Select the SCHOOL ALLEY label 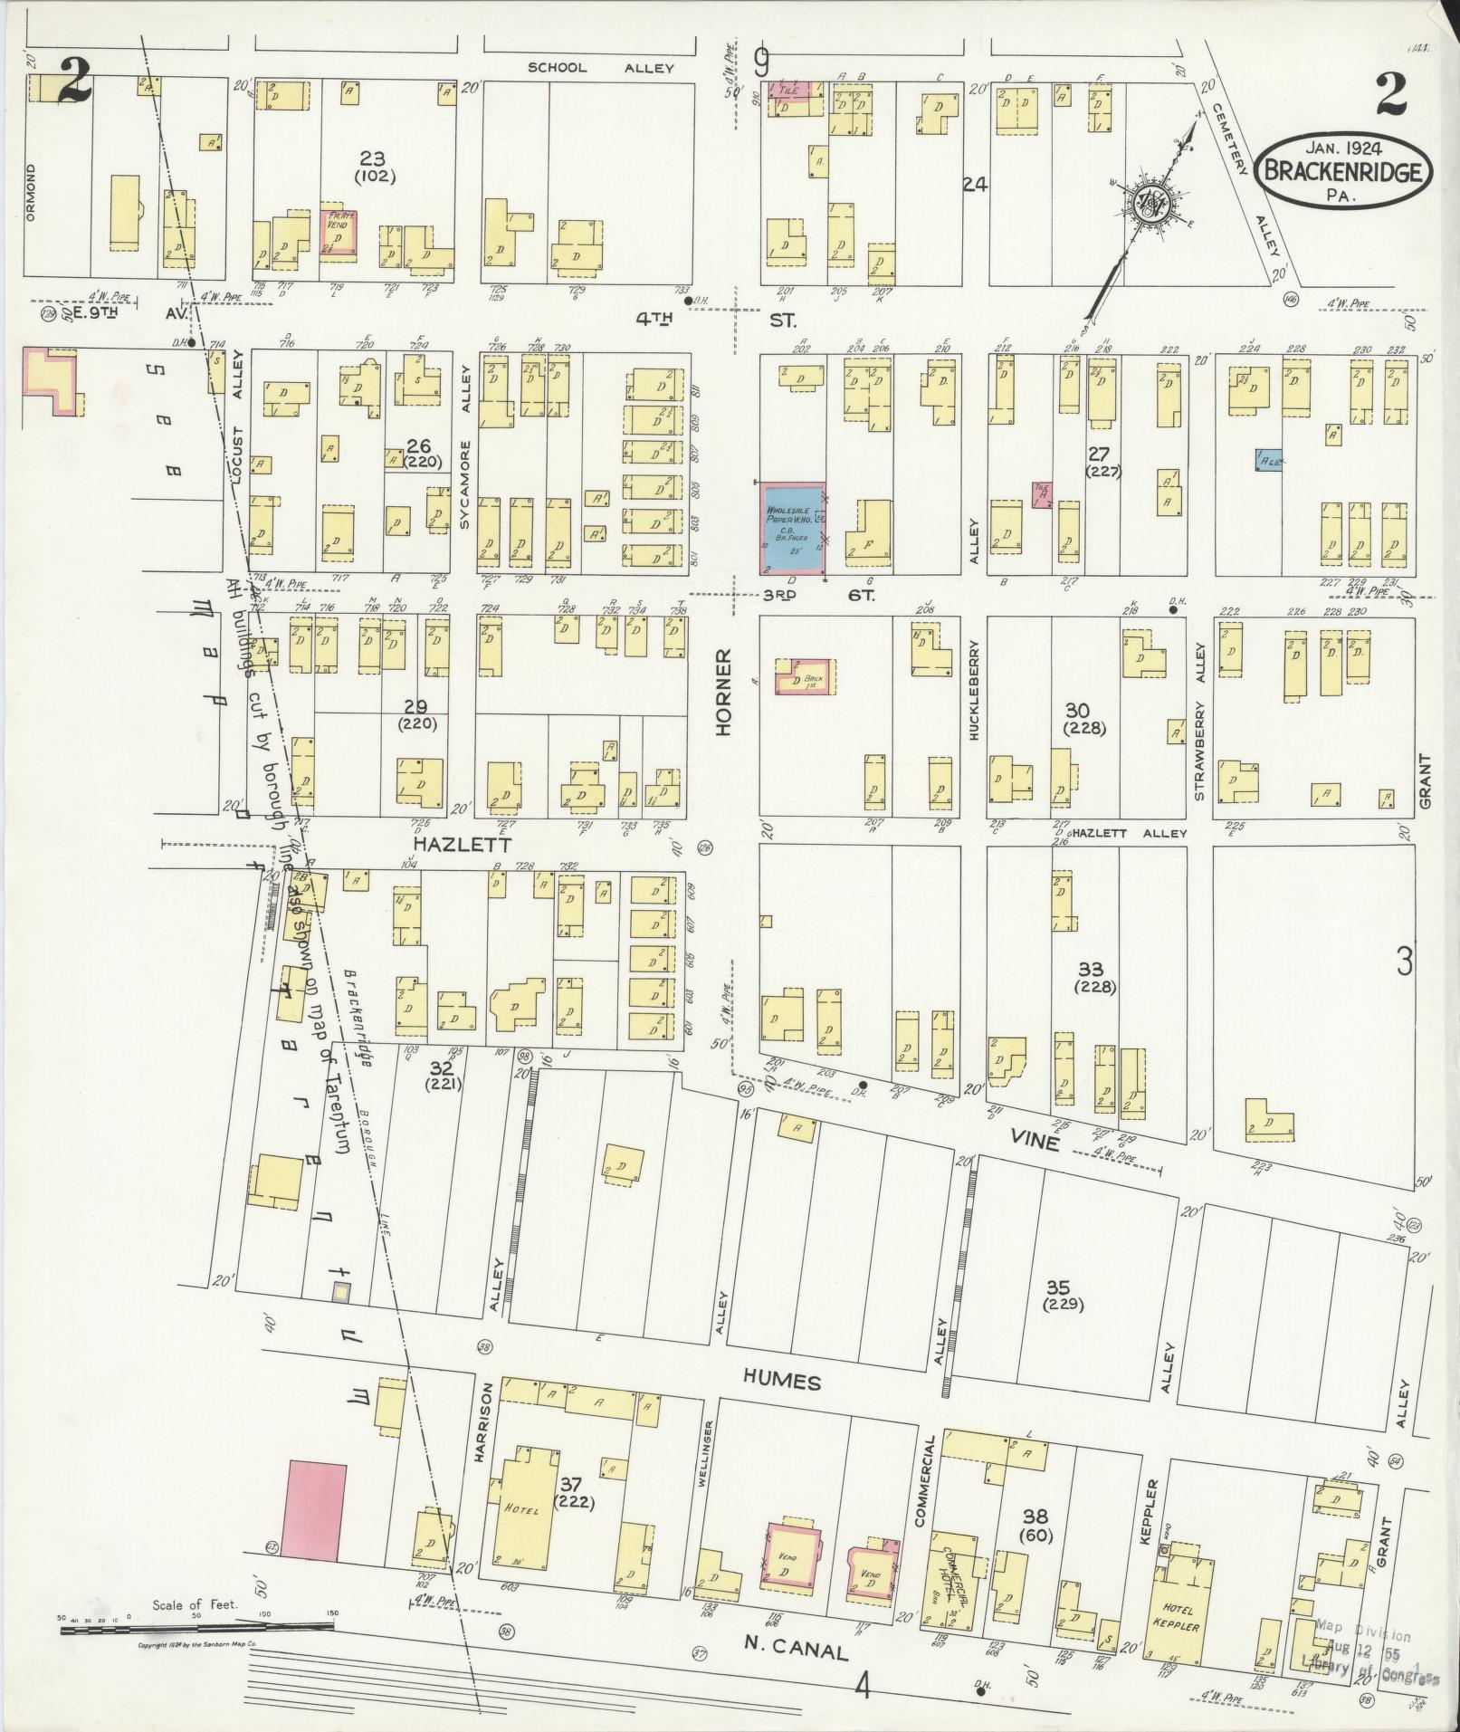tap(600, 68)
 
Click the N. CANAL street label tap(797, 1652)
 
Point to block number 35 tap(1058, 1287)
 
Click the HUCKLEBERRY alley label tap(975, 691)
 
